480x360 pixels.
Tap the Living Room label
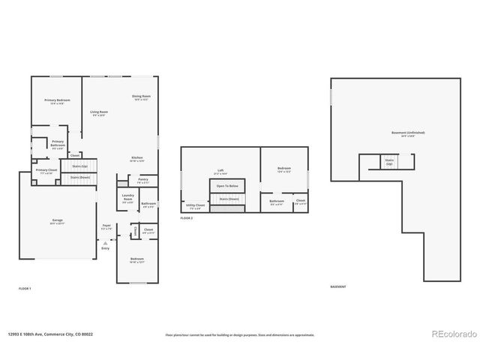[x=97, y=113]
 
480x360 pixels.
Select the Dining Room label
[x=142, y=97]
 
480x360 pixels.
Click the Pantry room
[x=142, y=181]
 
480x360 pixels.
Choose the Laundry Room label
[x=127, y=200]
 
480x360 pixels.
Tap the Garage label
[x=57, y=222]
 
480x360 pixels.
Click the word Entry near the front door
[x=106, y=247]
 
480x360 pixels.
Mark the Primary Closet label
[x=46, y=172]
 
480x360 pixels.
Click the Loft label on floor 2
[x=220, y=171]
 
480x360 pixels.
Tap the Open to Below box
[x=227, y=185]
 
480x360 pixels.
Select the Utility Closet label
[x=196, y=205]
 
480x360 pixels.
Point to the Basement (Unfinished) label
[x=408, y=134]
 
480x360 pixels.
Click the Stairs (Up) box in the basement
[x=389, y=161]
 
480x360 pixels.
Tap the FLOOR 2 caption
[x=187, y=217]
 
